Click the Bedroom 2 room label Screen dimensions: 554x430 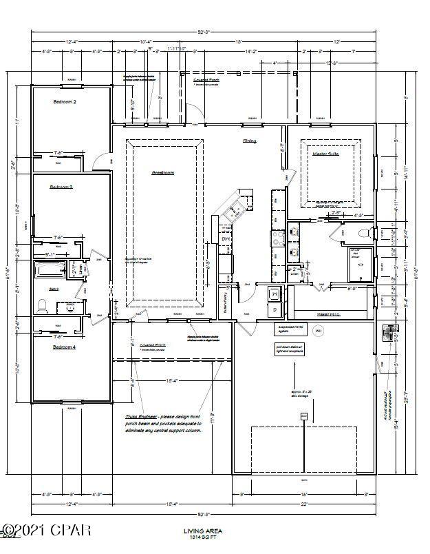pyautogui.click(x=65, y=101)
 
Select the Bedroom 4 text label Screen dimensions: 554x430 pyautogui.click(x=65, y=347)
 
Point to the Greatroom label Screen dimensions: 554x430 pyautogui.click(x=162, y=172)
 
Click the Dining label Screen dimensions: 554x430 pyautogui.click(x=249, y=141)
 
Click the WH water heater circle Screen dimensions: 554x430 pyautogui.click(x=318, y=331)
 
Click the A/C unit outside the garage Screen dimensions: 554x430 pyautogui.click(x=389, y=333)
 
